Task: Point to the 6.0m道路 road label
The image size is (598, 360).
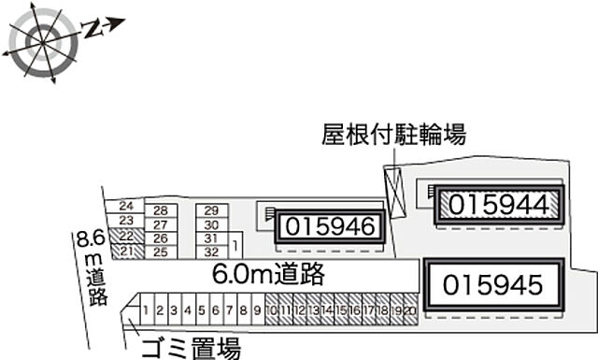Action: coord(268,274)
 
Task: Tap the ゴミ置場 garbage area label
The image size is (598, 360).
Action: coord(191,350)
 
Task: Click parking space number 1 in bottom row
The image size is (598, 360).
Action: coord(147,310)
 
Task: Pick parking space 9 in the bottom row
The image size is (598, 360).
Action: coord(256,310)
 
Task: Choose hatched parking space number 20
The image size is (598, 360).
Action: coord(409,310)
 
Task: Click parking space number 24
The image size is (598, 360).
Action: coord(127,207)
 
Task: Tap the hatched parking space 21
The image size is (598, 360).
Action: coord(127,251)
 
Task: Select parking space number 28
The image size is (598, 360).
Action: coord(161,210)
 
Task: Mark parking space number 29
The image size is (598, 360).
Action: coord(211,210)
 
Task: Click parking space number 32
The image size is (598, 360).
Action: coord(211,252)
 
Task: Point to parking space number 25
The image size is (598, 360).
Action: coord(161,252)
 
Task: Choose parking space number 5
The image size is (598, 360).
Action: coord(201,310)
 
